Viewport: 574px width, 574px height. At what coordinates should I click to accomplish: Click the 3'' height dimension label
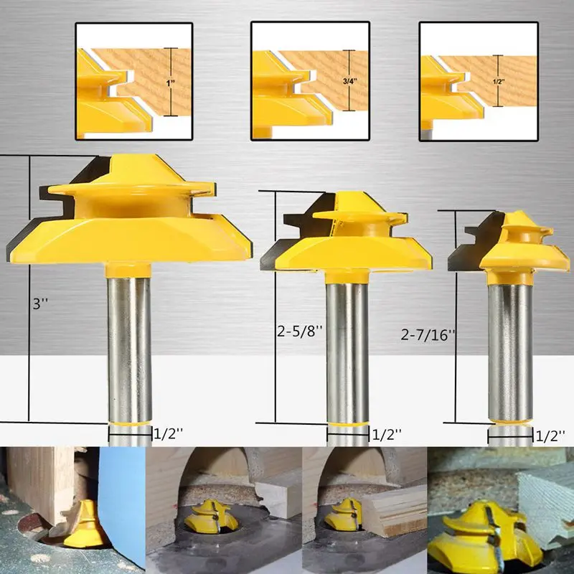pos(40,304)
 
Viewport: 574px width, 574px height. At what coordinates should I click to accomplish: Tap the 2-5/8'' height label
pos(300,331)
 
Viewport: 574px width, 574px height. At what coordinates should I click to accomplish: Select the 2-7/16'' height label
pos(428,334)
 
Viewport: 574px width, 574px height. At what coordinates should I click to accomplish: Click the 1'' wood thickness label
pos(171,83)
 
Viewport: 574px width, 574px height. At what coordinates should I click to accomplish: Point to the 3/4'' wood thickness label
pos(349,81)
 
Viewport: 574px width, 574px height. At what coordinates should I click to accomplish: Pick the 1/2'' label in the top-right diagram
pos(498,82)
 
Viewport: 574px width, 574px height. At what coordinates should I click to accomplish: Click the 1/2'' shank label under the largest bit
pos(168,434)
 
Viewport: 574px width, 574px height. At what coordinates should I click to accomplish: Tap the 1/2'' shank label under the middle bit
pos(387,435)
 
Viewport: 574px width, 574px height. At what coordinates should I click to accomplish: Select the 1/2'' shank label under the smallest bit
pos(550,436)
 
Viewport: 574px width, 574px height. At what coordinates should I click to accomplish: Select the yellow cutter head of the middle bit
pos(346,238)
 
